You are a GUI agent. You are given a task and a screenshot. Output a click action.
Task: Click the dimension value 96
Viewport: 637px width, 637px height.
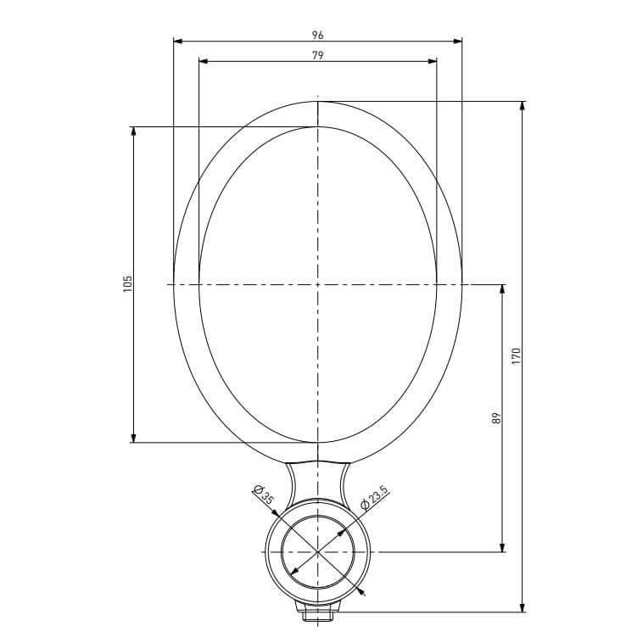coord(317,35)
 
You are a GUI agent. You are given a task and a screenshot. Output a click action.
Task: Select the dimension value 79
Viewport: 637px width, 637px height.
coord(317,55)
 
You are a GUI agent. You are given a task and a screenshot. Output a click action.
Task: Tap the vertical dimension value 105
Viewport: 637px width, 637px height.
coord(127,283)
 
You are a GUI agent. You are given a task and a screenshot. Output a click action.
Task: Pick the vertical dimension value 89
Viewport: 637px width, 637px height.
coord(497,418)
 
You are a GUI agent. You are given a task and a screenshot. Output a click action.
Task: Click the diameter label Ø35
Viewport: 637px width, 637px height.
coord(263,495)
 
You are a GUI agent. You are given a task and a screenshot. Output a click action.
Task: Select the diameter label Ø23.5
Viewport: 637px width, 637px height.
coord(374,498)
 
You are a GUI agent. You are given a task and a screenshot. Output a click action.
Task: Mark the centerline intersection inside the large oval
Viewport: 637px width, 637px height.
coord(317,284)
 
